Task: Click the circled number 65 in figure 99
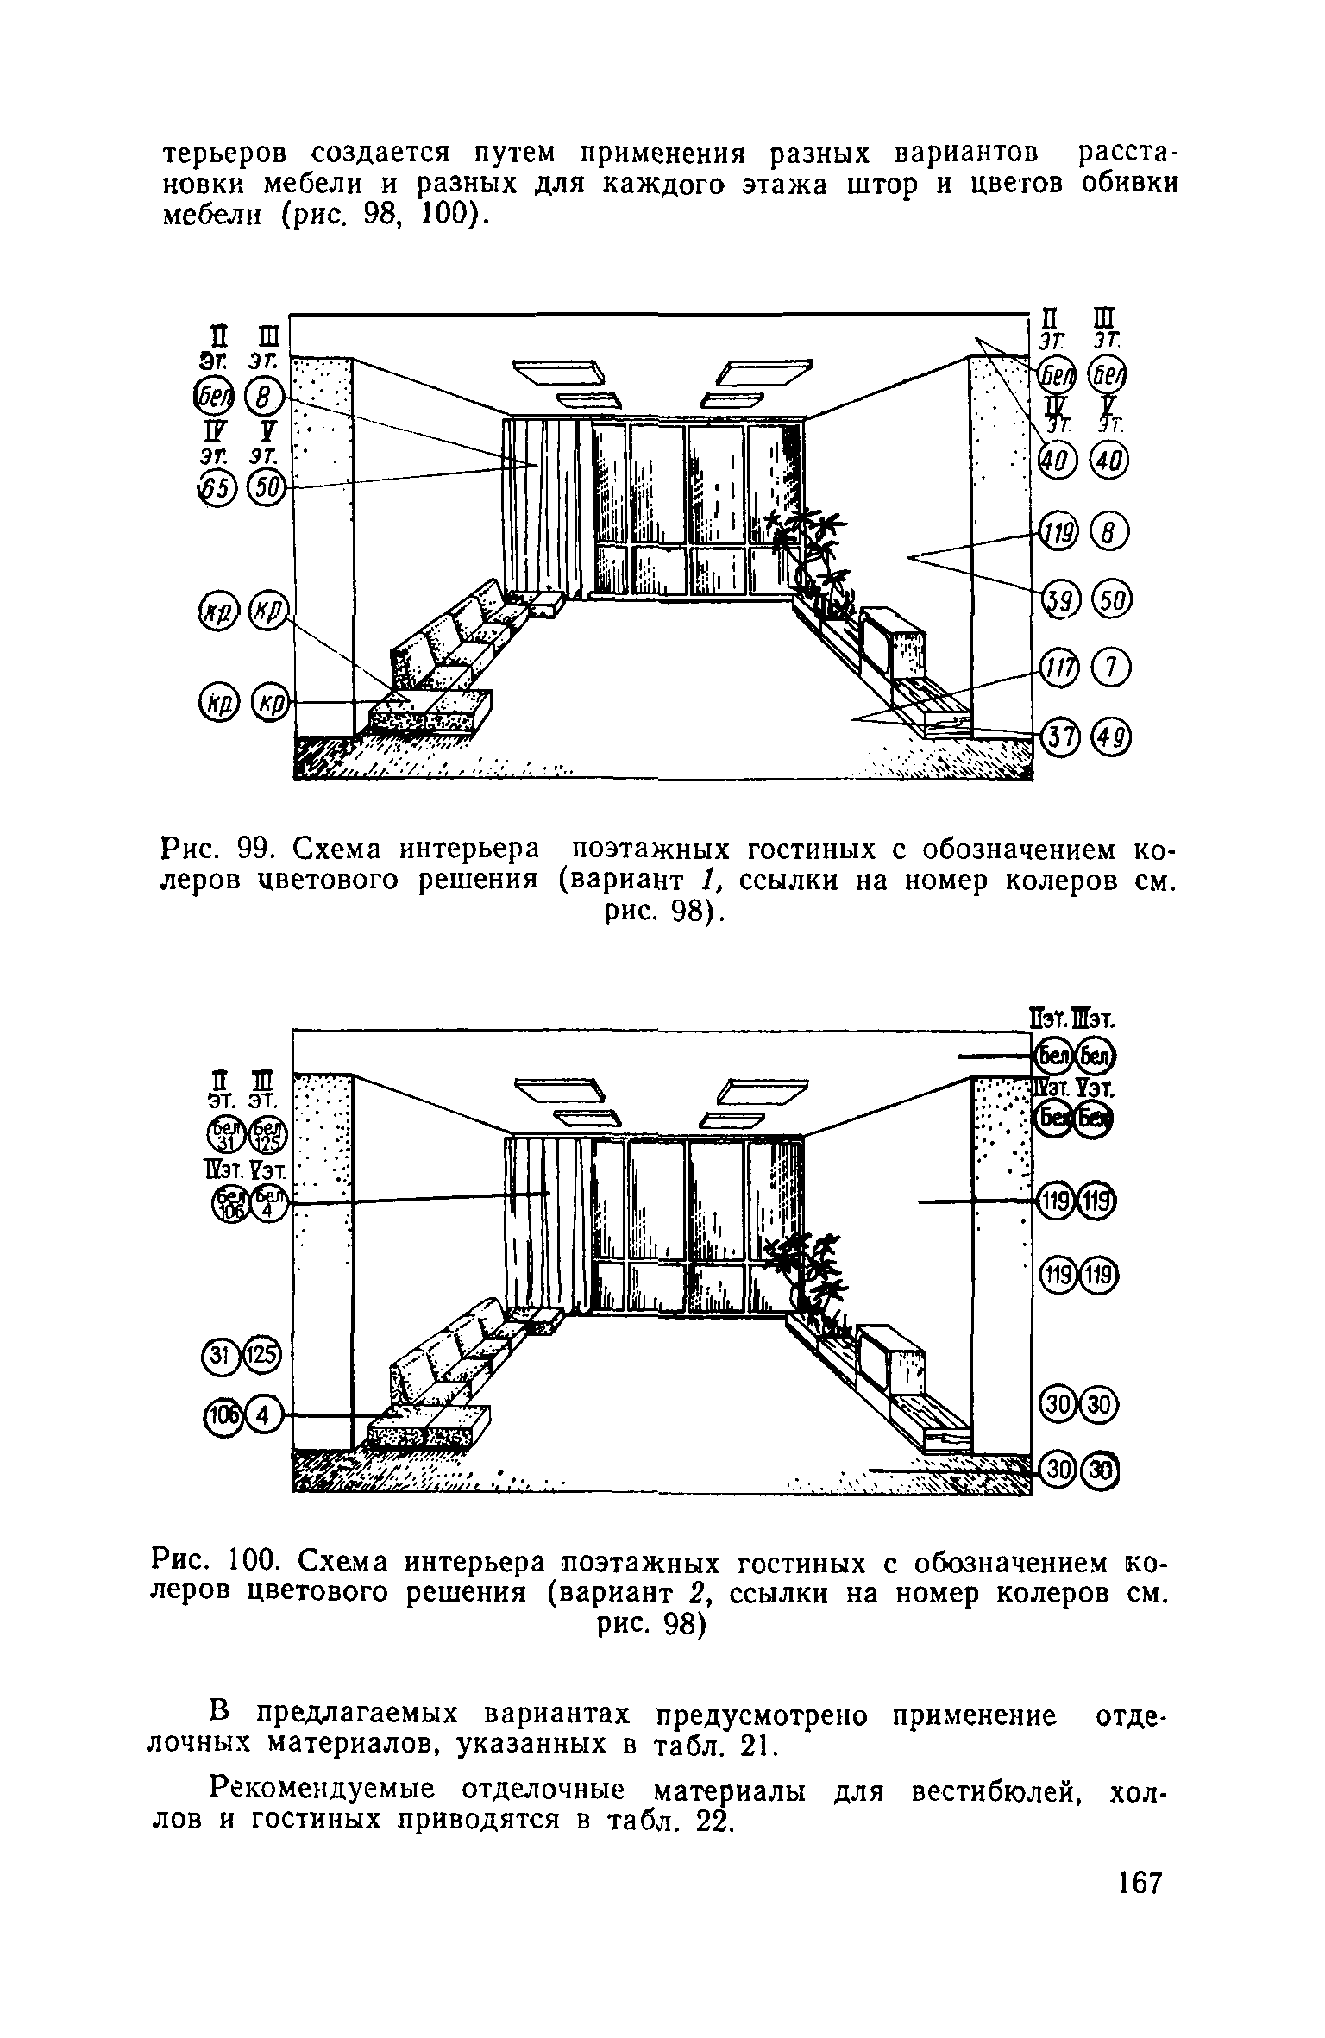click(x=215, y=488)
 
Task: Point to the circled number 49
click(x=1111, y=736)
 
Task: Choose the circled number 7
click(x=1111, y=668)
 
